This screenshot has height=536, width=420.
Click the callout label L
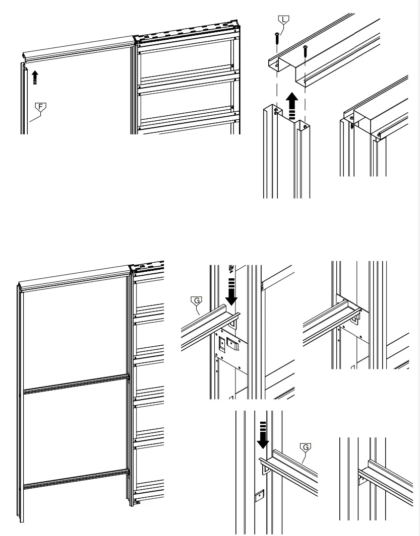coord(284,20)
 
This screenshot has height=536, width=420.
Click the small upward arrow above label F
coord(35,78)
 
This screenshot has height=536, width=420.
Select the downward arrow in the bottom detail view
coord(263,438)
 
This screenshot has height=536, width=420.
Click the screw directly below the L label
coord(276,38)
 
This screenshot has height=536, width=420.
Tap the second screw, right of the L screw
coord(305,50)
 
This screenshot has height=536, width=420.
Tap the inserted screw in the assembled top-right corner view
coord(351,121)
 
